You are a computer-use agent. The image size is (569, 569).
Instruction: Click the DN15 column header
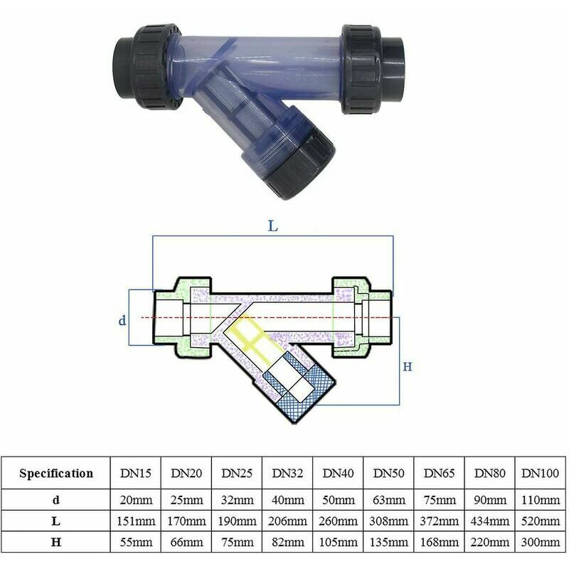(x=135, y=473)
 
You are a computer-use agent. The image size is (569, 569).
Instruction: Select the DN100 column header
(x=540, y=473)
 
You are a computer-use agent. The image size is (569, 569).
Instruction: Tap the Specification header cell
(x=56, y=473)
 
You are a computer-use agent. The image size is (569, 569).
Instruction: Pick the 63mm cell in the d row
(x=388, y=500)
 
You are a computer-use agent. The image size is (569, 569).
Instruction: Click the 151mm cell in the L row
(x=136, y=521)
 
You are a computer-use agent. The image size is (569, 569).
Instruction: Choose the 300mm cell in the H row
(x=541, y=543)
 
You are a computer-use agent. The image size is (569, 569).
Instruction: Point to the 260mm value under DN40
(x=339, y=521)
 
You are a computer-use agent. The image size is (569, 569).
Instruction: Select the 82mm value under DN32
(x=288, y=543)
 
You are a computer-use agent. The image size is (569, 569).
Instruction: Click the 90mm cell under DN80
(x=490, y=500)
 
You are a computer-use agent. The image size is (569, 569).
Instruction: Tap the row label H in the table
(x=56, y=543)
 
